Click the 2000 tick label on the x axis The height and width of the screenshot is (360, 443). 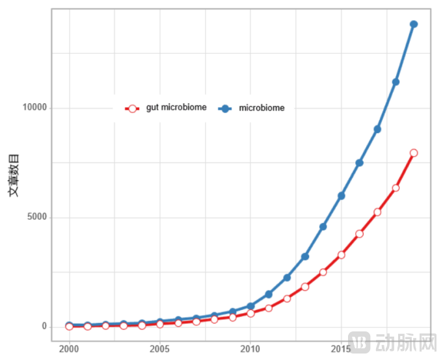69,349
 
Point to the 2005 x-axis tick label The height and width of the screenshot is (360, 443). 159,349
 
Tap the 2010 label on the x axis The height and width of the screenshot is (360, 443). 250,349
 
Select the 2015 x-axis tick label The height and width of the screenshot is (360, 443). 340,349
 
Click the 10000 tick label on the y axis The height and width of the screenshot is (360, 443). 34,108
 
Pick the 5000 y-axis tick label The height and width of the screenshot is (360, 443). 37,217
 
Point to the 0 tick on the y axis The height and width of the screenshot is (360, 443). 44,326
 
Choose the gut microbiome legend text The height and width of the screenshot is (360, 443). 176,108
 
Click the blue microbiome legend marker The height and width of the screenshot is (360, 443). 225,109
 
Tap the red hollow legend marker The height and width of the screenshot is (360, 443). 133,109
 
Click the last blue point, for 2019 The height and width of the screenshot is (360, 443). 414,24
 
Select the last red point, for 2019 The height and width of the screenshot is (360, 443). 414,153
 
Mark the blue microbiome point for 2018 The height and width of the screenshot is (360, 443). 396,82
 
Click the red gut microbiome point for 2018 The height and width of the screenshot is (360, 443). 396,188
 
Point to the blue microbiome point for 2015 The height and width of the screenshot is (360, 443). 341,196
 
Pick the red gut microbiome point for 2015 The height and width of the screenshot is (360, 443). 341,255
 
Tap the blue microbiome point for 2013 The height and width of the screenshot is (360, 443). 305,257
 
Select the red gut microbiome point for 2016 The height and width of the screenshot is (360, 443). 359,233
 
